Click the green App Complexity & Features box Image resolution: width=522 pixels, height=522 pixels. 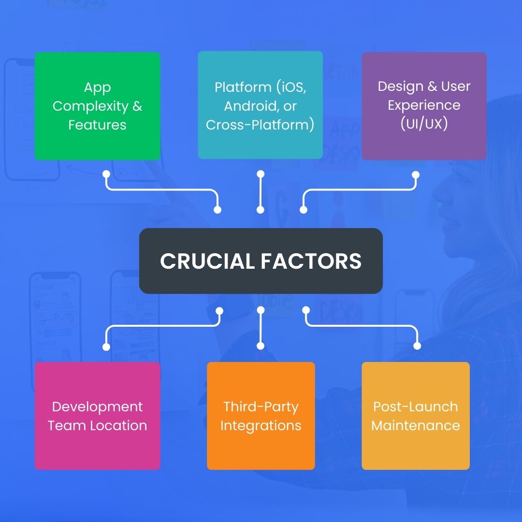coord(97,106)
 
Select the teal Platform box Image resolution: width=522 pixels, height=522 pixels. coord(260,105)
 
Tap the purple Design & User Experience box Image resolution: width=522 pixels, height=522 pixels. coord(424,106)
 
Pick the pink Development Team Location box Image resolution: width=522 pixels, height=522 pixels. coord(97,416)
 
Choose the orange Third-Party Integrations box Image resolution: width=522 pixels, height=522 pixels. coord(261,416)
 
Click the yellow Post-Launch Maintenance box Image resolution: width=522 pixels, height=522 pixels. coord(415,416)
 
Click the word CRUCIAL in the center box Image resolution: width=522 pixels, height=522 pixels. coord(207,261)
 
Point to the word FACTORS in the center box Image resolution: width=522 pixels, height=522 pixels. coord(311,261)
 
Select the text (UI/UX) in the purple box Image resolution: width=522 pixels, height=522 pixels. coord(424,124)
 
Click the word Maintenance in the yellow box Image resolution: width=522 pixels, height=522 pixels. coord(415,426)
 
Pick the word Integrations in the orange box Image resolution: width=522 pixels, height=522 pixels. coord(261,426)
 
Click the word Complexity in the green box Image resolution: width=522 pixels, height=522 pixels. coord(84,106)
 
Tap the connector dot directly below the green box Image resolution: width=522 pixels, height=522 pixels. coord(106,174)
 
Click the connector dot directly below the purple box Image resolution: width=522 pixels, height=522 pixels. coord(415,174)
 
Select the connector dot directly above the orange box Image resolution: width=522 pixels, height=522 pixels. coord(261,346)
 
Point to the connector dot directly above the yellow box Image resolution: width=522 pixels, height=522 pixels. coord(417,346)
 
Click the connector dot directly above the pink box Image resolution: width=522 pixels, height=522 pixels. coord(106,347)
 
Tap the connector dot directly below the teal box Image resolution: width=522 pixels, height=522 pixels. coord(261,174)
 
